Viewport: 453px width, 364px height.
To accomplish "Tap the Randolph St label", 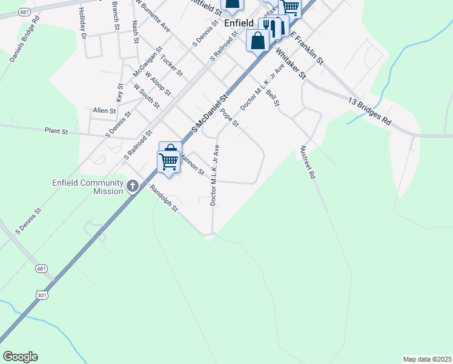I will (165, 198).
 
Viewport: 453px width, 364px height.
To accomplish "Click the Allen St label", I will (104, 111).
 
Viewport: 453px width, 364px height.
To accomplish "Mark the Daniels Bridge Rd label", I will (25, 38).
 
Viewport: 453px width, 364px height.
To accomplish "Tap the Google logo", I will (20, 357).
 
